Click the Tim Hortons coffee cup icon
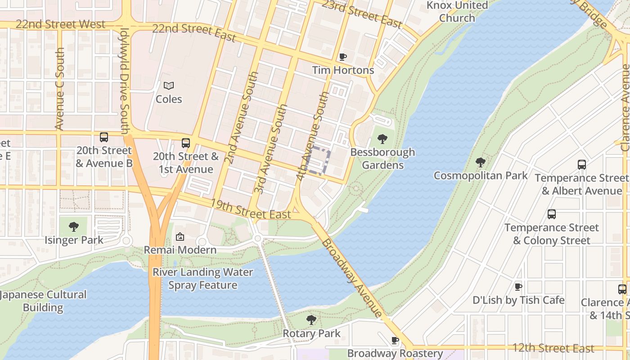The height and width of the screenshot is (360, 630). click(x=343, y=57)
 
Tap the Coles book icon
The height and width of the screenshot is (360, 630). click(x=169, y=85)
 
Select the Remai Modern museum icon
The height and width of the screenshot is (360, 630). click(x=180, y=236)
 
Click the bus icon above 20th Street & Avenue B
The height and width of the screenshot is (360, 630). click(x=104, y=137)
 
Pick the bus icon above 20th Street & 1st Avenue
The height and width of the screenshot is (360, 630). click(x=185, y=143)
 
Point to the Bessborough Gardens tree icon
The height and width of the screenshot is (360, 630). click(x=382, y=139)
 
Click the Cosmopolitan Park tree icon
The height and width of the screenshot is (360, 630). click(x=480, y=162)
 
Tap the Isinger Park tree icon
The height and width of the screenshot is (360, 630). click(x=74, y=227)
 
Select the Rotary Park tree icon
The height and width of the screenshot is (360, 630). click(x=311, y=320)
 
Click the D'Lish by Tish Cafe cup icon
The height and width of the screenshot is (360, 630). click(x=518, y=287)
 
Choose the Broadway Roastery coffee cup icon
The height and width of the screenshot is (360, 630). click(x=395, y=340)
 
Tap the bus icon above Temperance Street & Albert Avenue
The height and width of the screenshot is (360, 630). click(x=582, y=165)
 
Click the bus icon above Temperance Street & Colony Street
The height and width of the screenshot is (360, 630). click(x=551, y=214)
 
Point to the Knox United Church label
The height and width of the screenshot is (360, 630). click(x=457, y=12)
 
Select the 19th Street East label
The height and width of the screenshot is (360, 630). click(x=251, y=210)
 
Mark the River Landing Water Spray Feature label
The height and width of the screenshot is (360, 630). click(x=202, y=279)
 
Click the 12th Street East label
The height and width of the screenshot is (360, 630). click(x=553, y=348)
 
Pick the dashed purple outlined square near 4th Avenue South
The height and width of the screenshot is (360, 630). click(x=319, y=161)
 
